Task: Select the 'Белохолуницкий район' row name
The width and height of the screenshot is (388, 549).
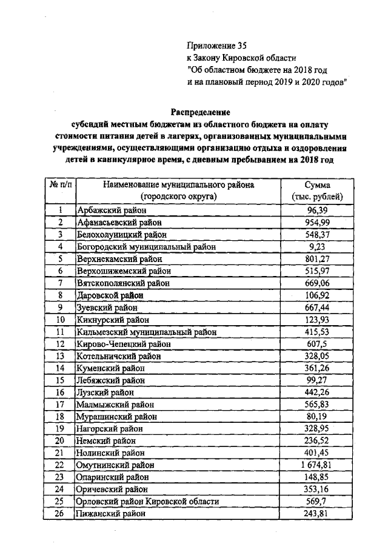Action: coord(119,234)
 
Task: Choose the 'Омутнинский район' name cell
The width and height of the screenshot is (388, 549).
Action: coord(115,465)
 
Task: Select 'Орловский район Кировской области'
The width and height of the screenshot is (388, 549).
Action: coord(147,502)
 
